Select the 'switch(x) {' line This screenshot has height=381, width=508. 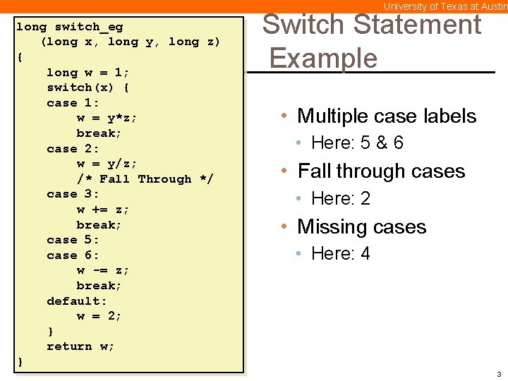88,87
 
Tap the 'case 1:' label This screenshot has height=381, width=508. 73,103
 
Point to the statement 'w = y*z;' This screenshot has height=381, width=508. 107,118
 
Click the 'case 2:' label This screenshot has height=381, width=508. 73,149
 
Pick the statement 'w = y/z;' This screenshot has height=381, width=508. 107,164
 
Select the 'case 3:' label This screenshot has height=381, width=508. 73,194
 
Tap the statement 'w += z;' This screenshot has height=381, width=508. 103,210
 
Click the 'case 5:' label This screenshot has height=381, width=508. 73,240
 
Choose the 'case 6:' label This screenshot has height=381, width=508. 73,255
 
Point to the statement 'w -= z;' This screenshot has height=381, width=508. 103,270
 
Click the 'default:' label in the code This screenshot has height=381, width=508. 77,301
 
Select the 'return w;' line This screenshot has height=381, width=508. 80,346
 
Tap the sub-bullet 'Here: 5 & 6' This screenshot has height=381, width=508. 357,143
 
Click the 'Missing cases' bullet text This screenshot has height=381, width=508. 361,227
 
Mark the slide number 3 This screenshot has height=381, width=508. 499,374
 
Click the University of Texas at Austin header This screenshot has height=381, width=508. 445,6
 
